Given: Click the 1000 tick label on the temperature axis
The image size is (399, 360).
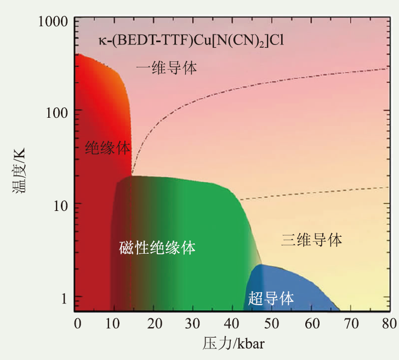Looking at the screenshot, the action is [53, 21].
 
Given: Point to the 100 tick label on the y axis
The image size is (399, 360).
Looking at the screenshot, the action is [57, 112].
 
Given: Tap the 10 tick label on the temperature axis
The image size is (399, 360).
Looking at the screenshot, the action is [61, 206].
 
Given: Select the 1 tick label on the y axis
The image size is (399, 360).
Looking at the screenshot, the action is [64, 299].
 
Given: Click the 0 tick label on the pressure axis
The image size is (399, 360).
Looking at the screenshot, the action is [78, 324].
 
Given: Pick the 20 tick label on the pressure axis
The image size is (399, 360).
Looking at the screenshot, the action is [155, 324].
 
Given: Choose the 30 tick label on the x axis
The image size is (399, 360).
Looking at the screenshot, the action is [192, 324].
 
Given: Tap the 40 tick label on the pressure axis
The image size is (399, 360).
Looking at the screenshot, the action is [231, 324].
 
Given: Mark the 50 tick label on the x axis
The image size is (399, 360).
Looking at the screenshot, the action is [272, 324].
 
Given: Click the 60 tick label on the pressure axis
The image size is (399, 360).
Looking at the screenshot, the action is [312, 324].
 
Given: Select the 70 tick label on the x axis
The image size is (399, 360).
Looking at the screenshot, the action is [351, 324].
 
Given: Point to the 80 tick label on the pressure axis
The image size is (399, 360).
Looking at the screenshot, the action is [389, 324].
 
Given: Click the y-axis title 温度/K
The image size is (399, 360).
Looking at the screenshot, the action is [19, 171].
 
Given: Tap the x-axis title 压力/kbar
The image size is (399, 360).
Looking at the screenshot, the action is [233, 344].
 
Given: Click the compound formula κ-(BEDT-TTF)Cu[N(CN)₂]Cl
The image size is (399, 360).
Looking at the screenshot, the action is [191, 41].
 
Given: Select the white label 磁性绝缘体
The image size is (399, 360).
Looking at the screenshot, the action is [157, 248].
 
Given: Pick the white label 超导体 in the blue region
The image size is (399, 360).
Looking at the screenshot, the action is [271, 298].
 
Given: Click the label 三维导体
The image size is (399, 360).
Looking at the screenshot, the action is [312, 239].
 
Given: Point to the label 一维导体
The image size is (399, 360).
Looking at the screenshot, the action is [167, 68].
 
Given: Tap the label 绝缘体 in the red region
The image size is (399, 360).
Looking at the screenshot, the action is [107, 148].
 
